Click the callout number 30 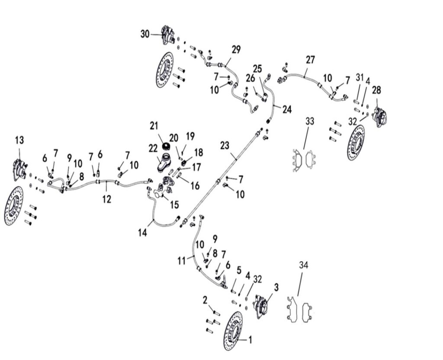point(145,34)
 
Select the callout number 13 point(19,140)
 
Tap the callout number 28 point(377,90)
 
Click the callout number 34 point(304,265)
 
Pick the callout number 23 point(225,146)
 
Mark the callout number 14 point(143,233)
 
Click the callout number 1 point(250,340)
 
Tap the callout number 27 point(310,60)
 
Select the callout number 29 point(236,49)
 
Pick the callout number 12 point(107,199)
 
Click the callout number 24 point(287,110)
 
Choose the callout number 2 point(205,300)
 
